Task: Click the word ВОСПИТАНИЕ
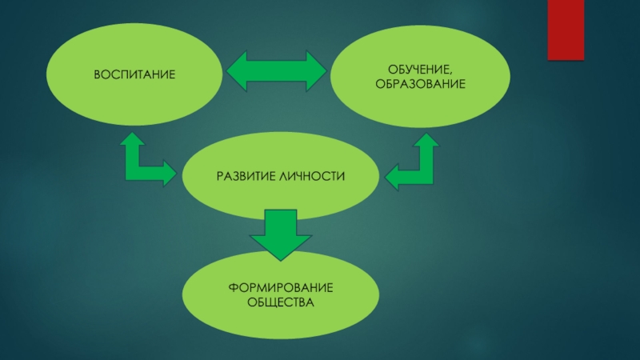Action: (x=134, y=74)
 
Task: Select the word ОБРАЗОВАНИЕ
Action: (x=421, y=84)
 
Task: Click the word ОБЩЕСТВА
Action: (x=280, y=302)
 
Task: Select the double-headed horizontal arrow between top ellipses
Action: (x=276, y=72)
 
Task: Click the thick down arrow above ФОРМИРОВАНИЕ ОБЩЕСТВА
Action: (x=280, y=233)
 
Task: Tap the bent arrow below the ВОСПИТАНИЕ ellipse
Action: (x=144, y=163)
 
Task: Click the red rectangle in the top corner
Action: (x=566, y=30)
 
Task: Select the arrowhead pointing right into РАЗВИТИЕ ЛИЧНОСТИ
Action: (x=170, y=173)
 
